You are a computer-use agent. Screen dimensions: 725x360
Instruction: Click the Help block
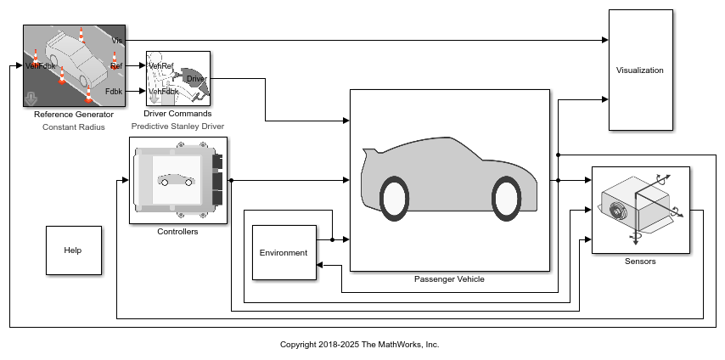(74, 250)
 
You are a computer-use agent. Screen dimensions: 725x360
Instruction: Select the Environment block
(284, 253)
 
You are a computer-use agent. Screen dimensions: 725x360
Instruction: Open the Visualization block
(640, 70)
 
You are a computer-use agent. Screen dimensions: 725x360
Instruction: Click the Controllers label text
(177, 231)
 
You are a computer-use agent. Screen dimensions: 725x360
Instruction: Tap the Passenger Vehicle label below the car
(449, 279)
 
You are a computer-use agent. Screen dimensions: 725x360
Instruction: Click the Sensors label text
(640, 262)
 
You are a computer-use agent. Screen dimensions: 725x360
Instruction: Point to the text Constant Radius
(74, 127)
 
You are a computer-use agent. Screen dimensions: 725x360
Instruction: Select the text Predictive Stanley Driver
(177, 126)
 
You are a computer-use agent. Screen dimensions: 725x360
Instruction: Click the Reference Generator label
(74, 115)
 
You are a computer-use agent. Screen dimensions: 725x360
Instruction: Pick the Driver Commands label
(177, 114)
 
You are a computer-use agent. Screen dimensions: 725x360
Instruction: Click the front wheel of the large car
(506, 198)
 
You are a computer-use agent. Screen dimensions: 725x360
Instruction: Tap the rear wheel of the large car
(394, 198)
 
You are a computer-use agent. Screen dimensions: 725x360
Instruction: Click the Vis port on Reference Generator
(117, 41)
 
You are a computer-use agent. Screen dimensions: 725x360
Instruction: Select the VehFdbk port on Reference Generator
(40, 65)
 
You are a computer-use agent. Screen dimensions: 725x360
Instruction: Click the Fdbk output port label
(114, 91)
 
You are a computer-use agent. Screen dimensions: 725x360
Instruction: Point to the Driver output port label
(196, 79)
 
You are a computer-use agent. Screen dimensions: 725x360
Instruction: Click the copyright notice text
(360, 344)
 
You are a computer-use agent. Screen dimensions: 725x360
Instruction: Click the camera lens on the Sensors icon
(616, 210)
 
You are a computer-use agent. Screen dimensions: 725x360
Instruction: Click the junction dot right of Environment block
(333, 239)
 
